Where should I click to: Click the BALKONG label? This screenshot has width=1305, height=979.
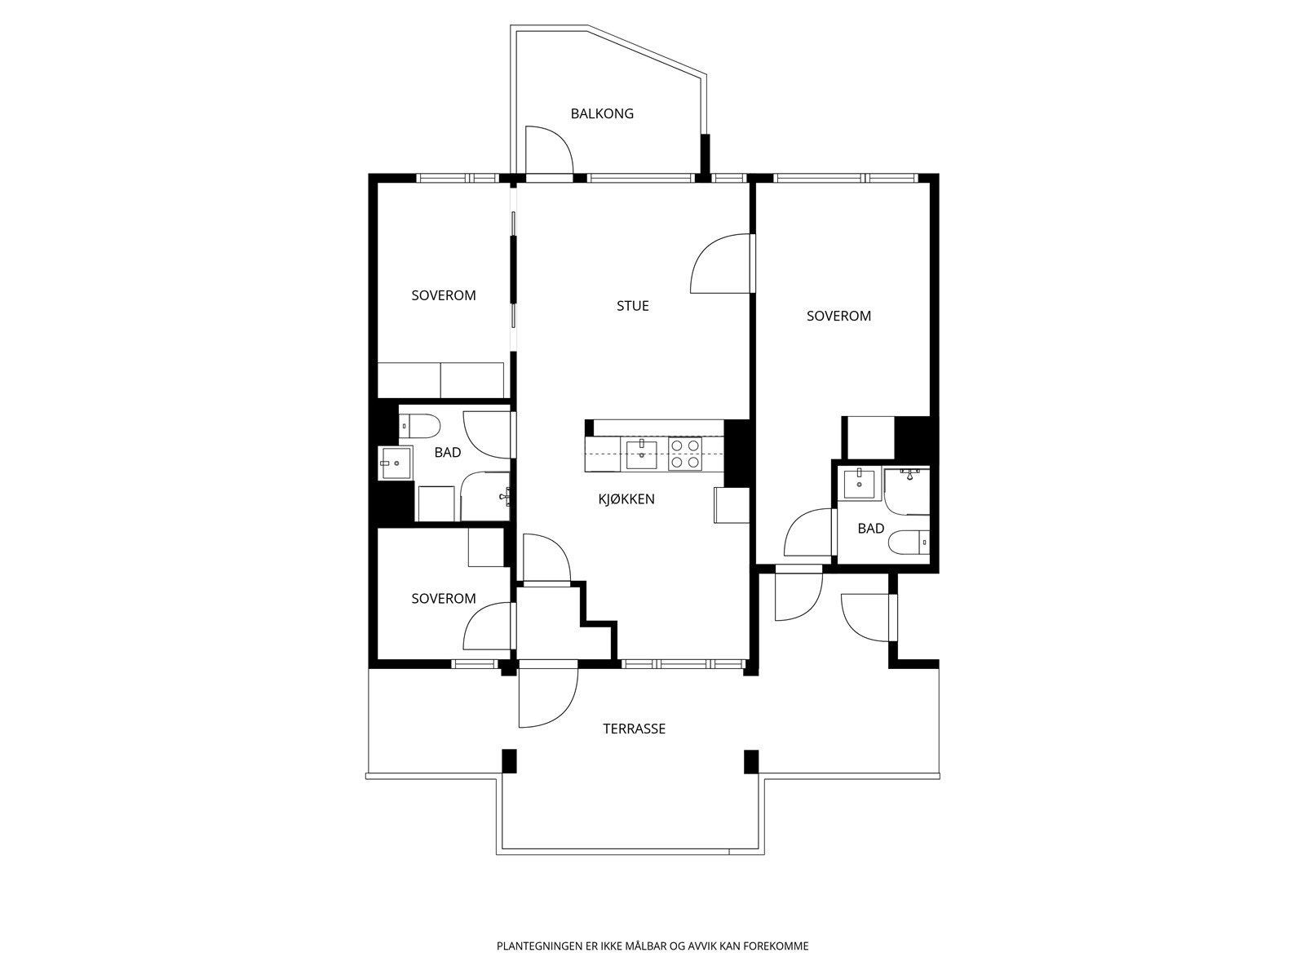coord(602,113)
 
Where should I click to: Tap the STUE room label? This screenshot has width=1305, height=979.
coord(633,306)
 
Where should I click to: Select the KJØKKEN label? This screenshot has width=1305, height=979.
coord(626,499)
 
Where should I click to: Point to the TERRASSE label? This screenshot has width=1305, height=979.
coord(634,729)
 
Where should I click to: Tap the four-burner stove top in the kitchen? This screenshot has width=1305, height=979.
coord(685,454)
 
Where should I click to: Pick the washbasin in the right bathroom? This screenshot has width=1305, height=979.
coord(860,484)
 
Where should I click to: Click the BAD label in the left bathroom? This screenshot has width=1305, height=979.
coord(448,453)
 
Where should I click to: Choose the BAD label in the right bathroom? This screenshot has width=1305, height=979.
coord(871,529)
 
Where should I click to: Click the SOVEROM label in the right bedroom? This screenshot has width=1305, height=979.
coord(839,317)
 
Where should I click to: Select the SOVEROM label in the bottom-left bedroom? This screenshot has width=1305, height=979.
coord(444,599)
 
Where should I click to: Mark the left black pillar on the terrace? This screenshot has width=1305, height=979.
coord(510,761)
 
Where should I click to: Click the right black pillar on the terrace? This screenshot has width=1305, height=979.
coord(751,762)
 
